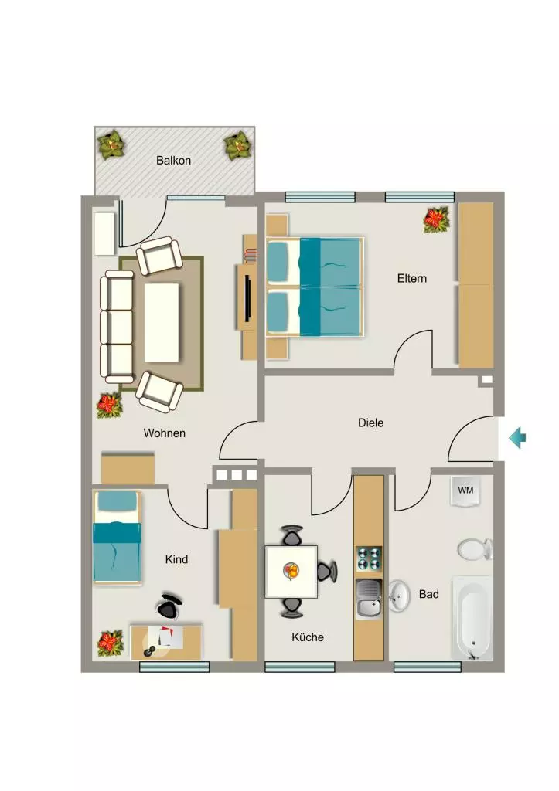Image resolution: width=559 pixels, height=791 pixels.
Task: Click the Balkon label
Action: [173, 161]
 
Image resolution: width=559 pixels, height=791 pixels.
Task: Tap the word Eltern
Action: [411, 278]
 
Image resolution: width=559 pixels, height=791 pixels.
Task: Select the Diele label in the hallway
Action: [370, 423]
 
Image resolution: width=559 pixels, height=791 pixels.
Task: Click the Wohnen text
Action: [164, 433]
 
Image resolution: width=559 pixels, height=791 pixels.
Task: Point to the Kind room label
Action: [176, 559]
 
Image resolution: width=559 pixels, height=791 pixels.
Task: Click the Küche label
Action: [308, 637]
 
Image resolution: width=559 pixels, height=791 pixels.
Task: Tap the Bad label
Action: [428, 594]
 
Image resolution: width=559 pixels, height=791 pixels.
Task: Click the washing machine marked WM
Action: [465, 491]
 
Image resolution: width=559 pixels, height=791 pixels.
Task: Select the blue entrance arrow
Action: [517, 437]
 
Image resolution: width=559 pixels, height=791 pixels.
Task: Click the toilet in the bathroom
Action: [475, 549]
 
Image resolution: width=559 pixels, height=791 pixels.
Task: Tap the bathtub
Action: [472, 618]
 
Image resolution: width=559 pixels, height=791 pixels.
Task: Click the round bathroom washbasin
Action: [399, 596]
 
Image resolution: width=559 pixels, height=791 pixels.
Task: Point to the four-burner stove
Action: [369, 559]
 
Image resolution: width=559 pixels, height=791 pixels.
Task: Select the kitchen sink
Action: [369, 599]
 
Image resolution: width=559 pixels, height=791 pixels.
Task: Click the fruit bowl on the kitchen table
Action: [291, 572]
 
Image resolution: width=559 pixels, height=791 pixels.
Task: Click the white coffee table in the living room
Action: [162, 322]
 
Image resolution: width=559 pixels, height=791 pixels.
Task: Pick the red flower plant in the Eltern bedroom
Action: [436, 219]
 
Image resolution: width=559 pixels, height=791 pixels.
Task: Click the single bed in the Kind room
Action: [117, 538]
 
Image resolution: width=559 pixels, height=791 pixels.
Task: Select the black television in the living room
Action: [248, 297]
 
